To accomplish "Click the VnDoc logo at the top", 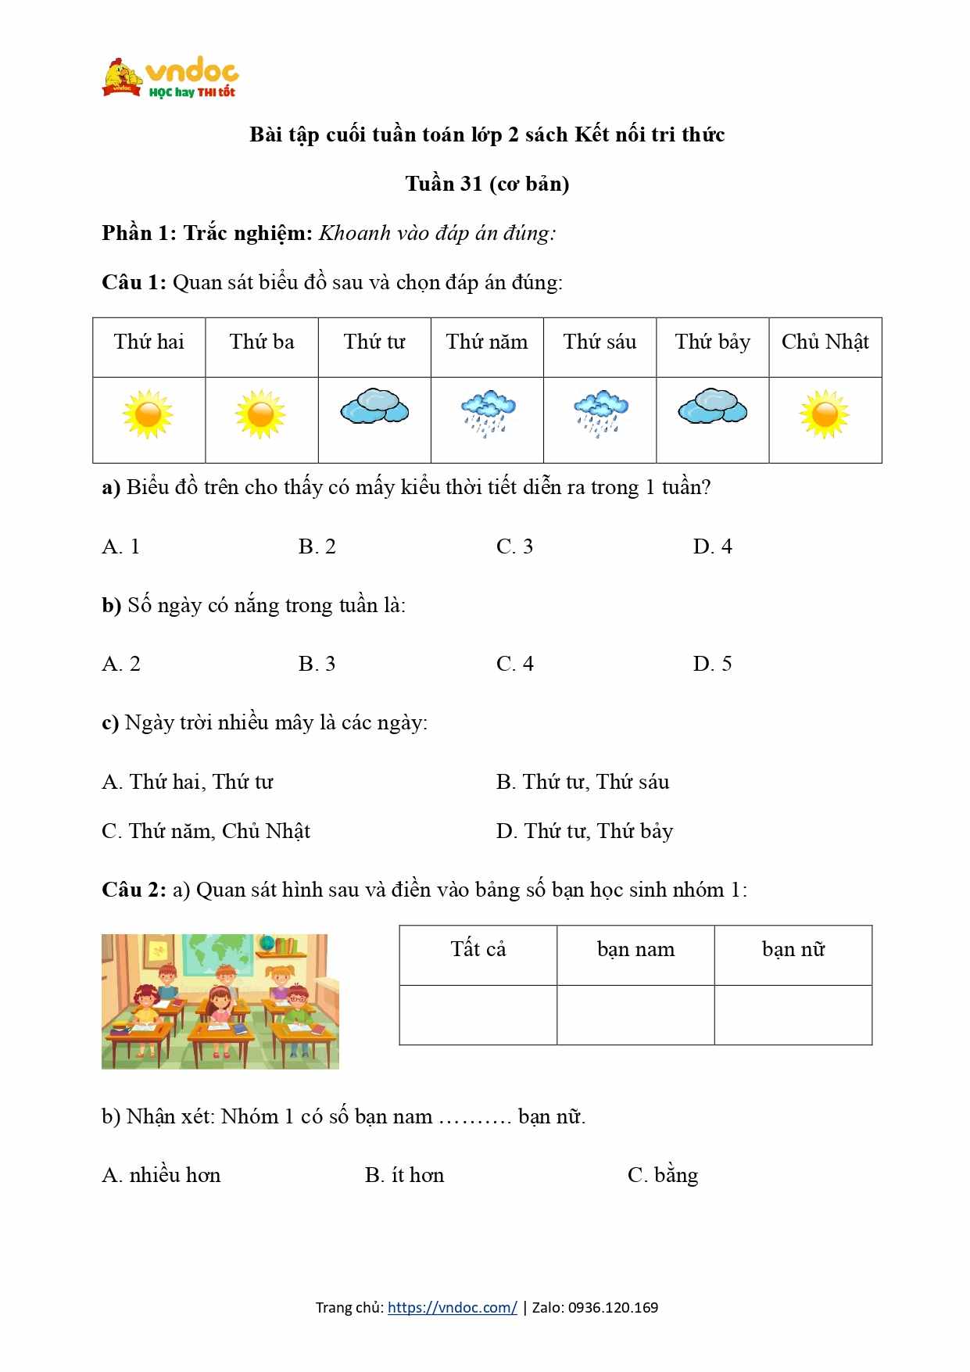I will click(170, 77).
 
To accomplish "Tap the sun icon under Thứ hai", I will click(148, 414).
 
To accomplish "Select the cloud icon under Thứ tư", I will click(374, 407).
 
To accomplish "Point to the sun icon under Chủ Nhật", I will click(825, 414).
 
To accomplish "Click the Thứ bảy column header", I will click(712, 342).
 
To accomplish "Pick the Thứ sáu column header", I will click(600, 342).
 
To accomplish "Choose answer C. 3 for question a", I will click(514, 546).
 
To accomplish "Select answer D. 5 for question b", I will click(712, 664).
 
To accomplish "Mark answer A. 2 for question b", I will click(121, 664).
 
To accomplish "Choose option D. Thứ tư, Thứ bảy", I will click(584, 831).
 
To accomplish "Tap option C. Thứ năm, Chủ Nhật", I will click(206, 831).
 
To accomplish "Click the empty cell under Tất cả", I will click(478, 1015).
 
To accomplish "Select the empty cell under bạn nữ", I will click(793, 1015).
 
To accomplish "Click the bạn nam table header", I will click(635, 950).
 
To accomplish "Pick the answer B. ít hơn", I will click(404, 1175).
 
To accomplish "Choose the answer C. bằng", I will click(663, 1175).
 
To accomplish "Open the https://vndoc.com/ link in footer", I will click(452, 1307).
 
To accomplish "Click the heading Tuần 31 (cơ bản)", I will click(487, 184).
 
